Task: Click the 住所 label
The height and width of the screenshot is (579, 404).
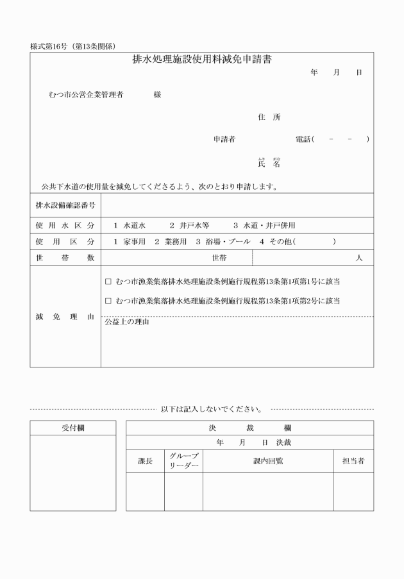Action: click(269, 117)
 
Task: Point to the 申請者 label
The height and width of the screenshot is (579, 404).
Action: click(224, 139)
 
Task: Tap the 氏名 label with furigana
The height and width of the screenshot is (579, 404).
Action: click(269, 163)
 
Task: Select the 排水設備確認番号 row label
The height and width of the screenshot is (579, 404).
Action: click(65, 206)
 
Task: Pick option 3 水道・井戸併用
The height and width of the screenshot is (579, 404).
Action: click(264, 226)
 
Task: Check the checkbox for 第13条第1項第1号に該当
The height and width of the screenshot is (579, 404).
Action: click(108, 281)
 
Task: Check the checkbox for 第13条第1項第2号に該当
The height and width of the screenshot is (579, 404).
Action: click(108, 301)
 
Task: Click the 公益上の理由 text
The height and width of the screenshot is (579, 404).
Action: click(127, 322)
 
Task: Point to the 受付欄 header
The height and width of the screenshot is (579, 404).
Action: click(72, 427)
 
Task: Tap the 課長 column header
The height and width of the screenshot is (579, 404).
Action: click(146, 461)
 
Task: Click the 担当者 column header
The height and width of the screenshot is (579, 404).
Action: click(353, 461)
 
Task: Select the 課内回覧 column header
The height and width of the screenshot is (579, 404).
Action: click(268, 461)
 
